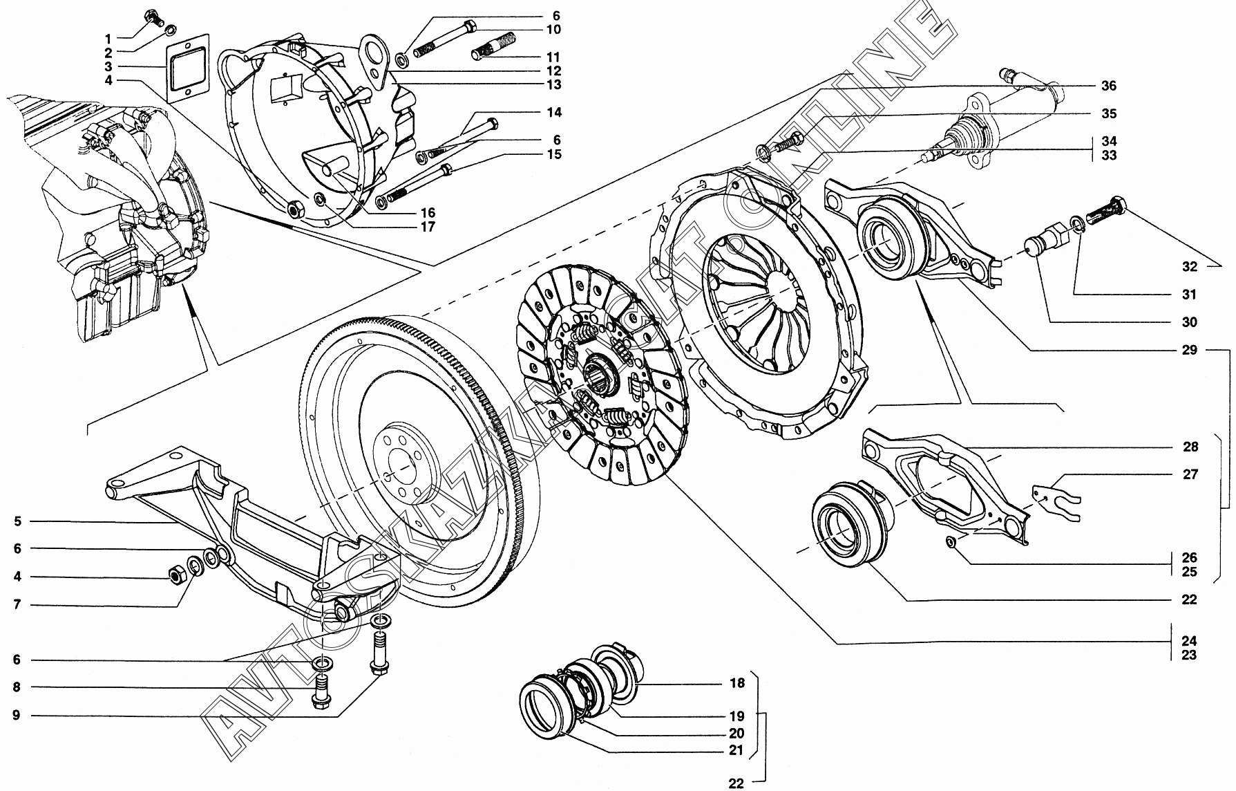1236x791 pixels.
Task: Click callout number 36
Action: [1108, 86]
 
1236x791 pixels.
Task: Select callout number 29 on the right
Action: [1188, 351]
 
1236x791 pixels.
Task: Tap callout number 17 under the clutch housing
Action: [428, 227]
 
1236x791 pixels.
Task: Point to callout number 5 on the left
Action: [17, 521]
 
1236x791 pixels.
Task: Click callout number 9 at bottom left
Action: [17, 716]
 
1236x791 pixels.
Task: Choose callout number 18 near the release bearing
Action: [737, 683]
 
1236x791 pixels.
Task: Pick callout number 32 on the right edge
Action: [1188, 266]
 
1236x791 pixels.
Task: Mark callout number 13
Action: [553, 85]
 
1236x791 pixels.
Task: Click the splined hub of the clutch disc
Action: [599, 378]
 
